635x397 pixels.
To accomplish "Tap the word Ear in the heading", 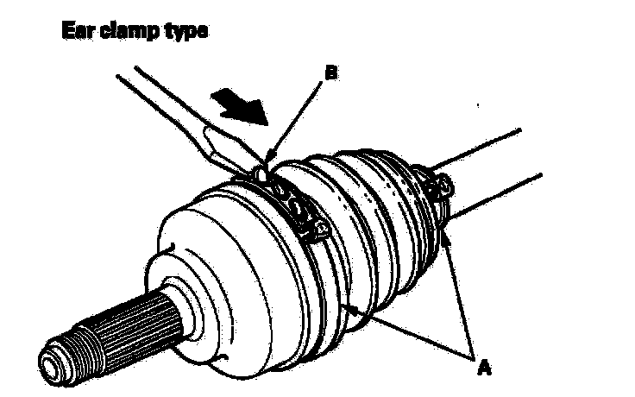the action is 75,31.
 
